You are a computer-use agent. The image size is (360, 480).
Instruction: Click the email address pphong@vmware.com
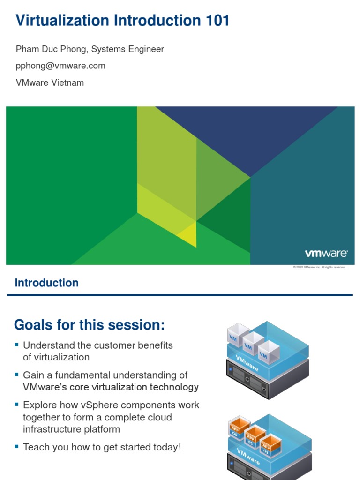coord(60,66)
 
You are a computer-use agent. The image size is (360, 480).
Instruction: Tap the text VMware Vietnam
coord(50,82)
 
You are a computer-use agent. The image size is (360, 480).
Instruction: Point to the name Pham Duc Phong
coord(52,49)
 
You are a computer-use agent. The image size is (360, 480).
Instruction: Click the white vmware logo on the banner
coord(326,254)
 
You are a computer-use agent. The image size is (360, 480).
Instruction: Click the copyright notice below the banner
coord(319,267)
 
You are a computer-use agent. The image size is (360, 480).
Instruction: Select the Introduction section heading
coord(46,283)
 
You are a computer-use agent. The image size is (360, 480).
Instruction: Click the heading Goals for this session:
coord(90,324)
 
